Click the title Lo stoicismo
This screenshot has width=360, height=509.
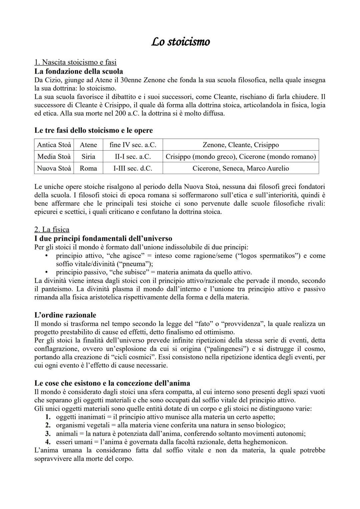[x=180, y=42]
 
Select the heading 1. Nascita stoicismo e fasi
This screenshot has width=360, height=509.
[x=75, y=62]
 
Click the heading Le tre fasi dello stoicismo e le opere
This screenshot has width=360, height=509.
[x=94, y=130]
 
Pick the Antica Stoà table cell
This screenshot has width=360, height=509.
[x=54, y=145]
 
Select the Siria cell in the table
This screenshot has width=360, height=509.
[x=88, y=157]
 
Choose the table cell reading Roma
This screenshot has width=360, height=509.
[x=88, y=168]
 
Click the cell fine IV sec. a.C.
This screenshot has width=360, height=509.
[x=133, y=145]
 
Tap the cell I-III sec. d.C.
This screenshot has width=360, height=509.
[x=133, y=168]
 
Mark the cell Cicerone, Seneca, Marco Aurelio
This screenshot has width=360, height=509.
[x=241, y=168]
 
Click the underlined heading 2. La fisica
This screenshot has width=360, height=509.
[x=52, y=230]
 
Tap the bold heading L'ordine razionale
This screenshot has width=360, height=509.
[x=65, y=315]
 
